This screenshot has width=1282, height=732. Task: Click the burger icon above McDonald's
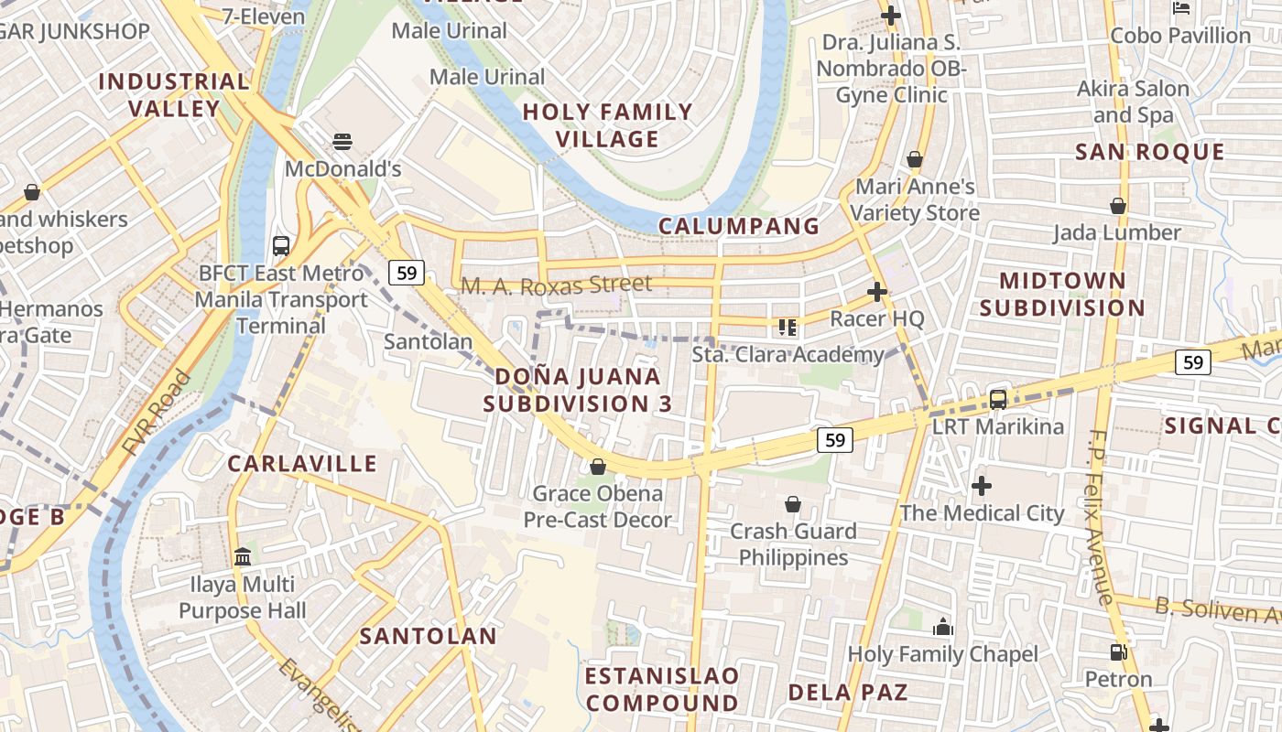(342, 142)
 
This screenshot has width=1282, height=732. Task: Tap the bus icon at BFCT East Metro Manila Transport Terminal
(281, 245)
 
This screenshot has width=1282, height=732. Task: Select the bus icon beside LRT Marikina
(998, 399)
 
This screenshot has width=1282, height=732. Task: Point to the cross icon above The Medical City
(982, 485)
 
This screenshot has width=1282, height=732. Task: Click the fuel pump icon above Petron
(1118, 651)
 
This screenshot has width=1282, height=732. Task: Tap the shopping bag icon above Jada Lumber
(1117, 206)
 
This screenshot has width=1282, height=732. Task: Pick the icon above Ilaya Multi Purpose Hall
(243, 556)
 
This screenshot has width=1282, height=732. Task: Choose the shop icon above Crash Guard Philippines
(793, 504)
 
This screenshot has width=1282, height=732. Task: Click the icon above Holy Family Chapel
(942, 627)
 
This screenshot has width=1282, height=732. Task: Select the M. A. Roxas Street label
(556, 285)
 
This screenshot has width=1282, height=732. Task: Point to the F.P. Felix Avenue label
(1103, 517)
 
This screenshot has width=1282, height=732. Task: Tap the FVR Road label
(158, 414)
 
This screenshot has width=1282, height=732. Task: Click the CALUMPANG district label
(738, 226)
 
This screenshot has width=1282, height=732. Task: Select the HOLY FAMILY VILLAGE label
(608, 125)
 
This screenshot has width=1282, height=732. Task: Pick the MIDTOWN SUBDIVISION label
(1062, 294)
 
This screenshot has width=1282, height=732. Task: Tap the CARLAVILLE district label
(302, 464)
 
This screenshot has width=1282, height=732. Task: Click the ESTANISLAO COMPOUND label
(662, 689)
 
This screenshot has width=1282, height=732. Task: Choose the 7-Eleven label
(264, 16)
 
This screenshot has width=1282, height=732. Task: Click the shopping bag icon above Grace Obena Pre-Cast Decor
(598, 467)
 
